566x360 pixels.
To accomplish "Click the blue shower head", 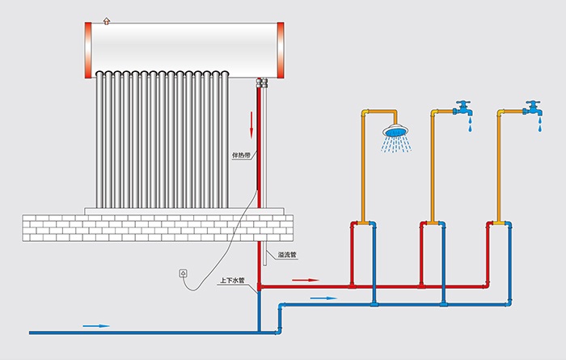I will [x=397, y=130].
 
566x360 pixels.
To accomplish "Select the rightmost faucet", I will [x=532, y=108].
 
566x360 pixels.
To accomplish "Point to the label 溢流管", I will [x=286, y=256].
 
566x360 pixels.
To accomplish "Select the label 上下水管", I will [x=233, y=280].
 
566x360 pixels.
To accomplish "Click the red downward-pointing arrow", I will [x=251, y=124].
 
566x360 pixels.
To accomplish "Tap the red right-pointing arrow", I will [x=306, y=280].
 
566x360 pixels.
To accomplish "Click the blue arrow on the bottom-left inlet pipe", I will [x=95, y=326].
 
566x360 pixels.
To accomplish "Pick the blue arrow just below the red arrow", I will [x=323, y=299].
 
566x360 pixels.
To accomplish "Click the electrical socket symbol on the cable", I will [x=184, y=273].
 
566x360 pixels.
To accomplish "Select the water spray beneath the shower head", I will [x=397, y=146].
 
